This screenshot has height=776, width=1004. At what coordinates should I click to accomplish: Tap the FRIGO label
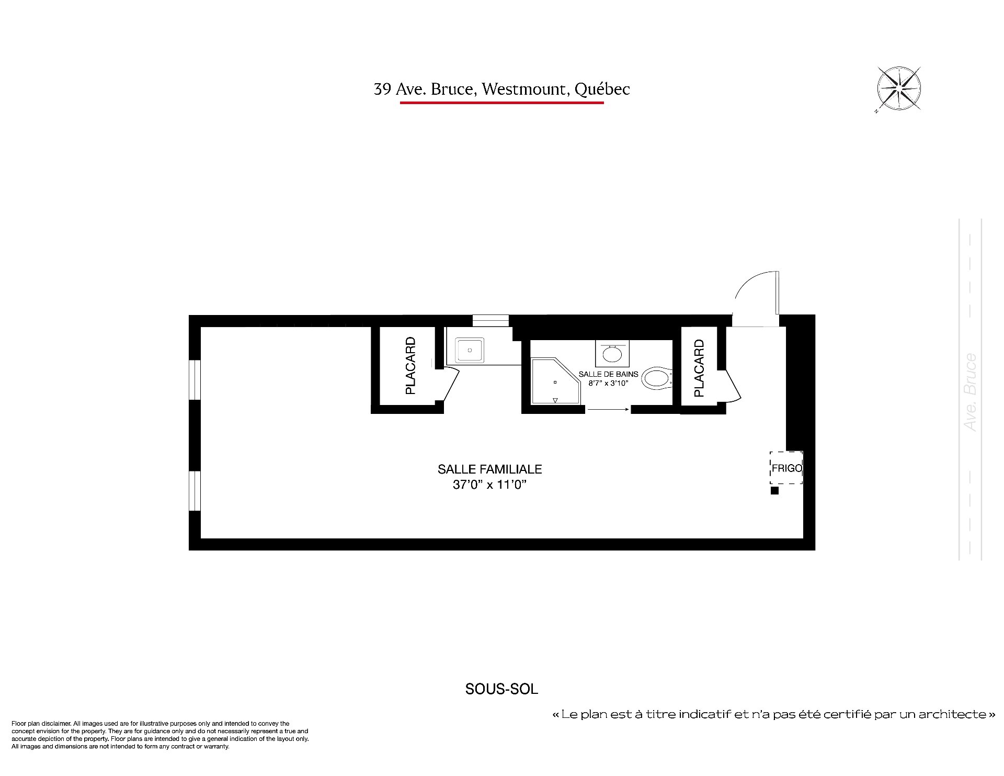point(786,468)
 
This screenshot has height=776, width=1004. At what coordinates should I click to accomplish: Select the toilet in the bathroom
point(657,378)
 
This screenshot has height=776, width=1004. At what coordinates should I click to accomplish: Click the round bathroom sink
point(612,354)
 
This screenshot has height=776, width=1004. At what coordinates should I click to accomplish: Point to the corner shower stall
point(556,381)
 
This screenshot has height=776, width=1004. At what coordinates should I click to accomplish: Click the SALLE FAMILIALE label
point(489,469)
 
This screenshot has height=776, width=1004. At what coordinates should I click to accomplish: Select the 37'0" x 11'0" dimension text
point(489,485)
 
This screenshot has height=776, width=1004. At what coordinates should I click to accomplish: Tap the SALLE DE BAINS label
point(608,374)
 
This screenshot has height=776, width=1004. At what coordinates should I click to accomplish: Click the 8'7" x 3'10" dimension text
point(608,383)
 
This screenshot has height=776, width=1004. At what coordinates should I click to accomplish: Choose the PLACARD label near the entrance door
point(699,368)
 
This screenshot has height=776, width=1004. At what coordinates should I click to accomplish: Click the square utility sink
point(470,350)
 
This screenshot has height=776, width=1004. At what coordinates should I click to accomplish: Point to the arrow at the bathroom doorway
point(608,410)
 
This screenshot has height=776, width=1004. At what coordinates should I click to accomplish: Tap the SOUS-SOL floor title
point(501,689)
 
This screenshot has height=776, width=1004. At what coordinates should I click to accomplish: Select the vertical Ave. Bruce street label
point(970,392)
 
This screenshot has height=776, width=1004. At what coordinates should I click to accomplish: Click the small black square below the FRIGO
point(774,491)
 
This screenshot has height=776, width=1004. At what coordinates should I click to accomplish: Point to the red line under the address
point(501,103)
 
